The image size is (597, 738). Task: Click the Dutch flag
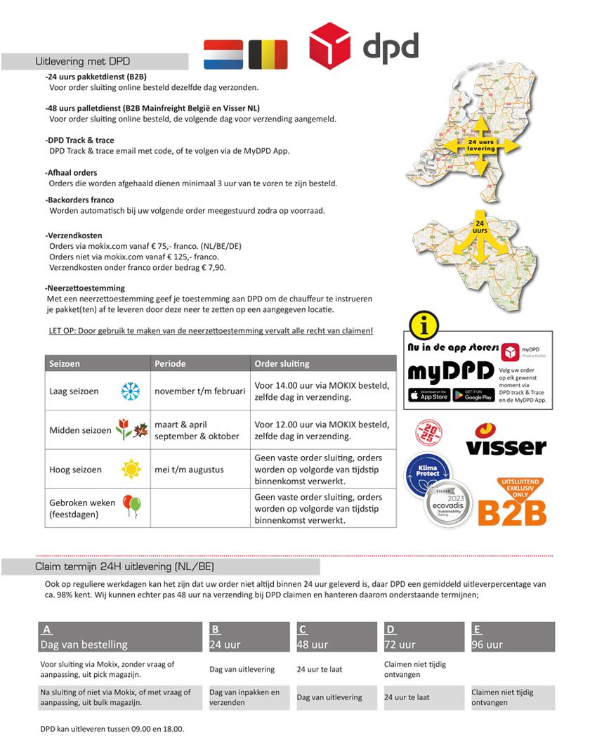223,54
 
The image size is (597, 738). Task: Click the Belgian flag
268,54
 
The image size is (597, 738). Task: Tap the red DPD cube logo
330,46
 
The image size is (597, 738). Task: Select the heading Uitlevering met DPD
82,62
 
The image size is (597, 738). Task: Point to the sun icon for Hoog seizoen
130,470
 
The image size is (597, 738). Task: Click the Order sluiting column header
281,363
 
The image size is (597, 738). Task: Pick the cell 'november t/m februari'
199,391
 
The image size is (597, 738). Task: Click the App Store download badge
428,395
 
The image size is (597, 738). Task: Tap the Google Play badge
473,395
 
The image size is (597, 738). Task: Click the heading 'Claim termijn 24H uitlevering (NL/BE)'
125,567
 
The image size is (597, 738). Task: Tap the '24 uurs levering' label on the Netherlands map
481,145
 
